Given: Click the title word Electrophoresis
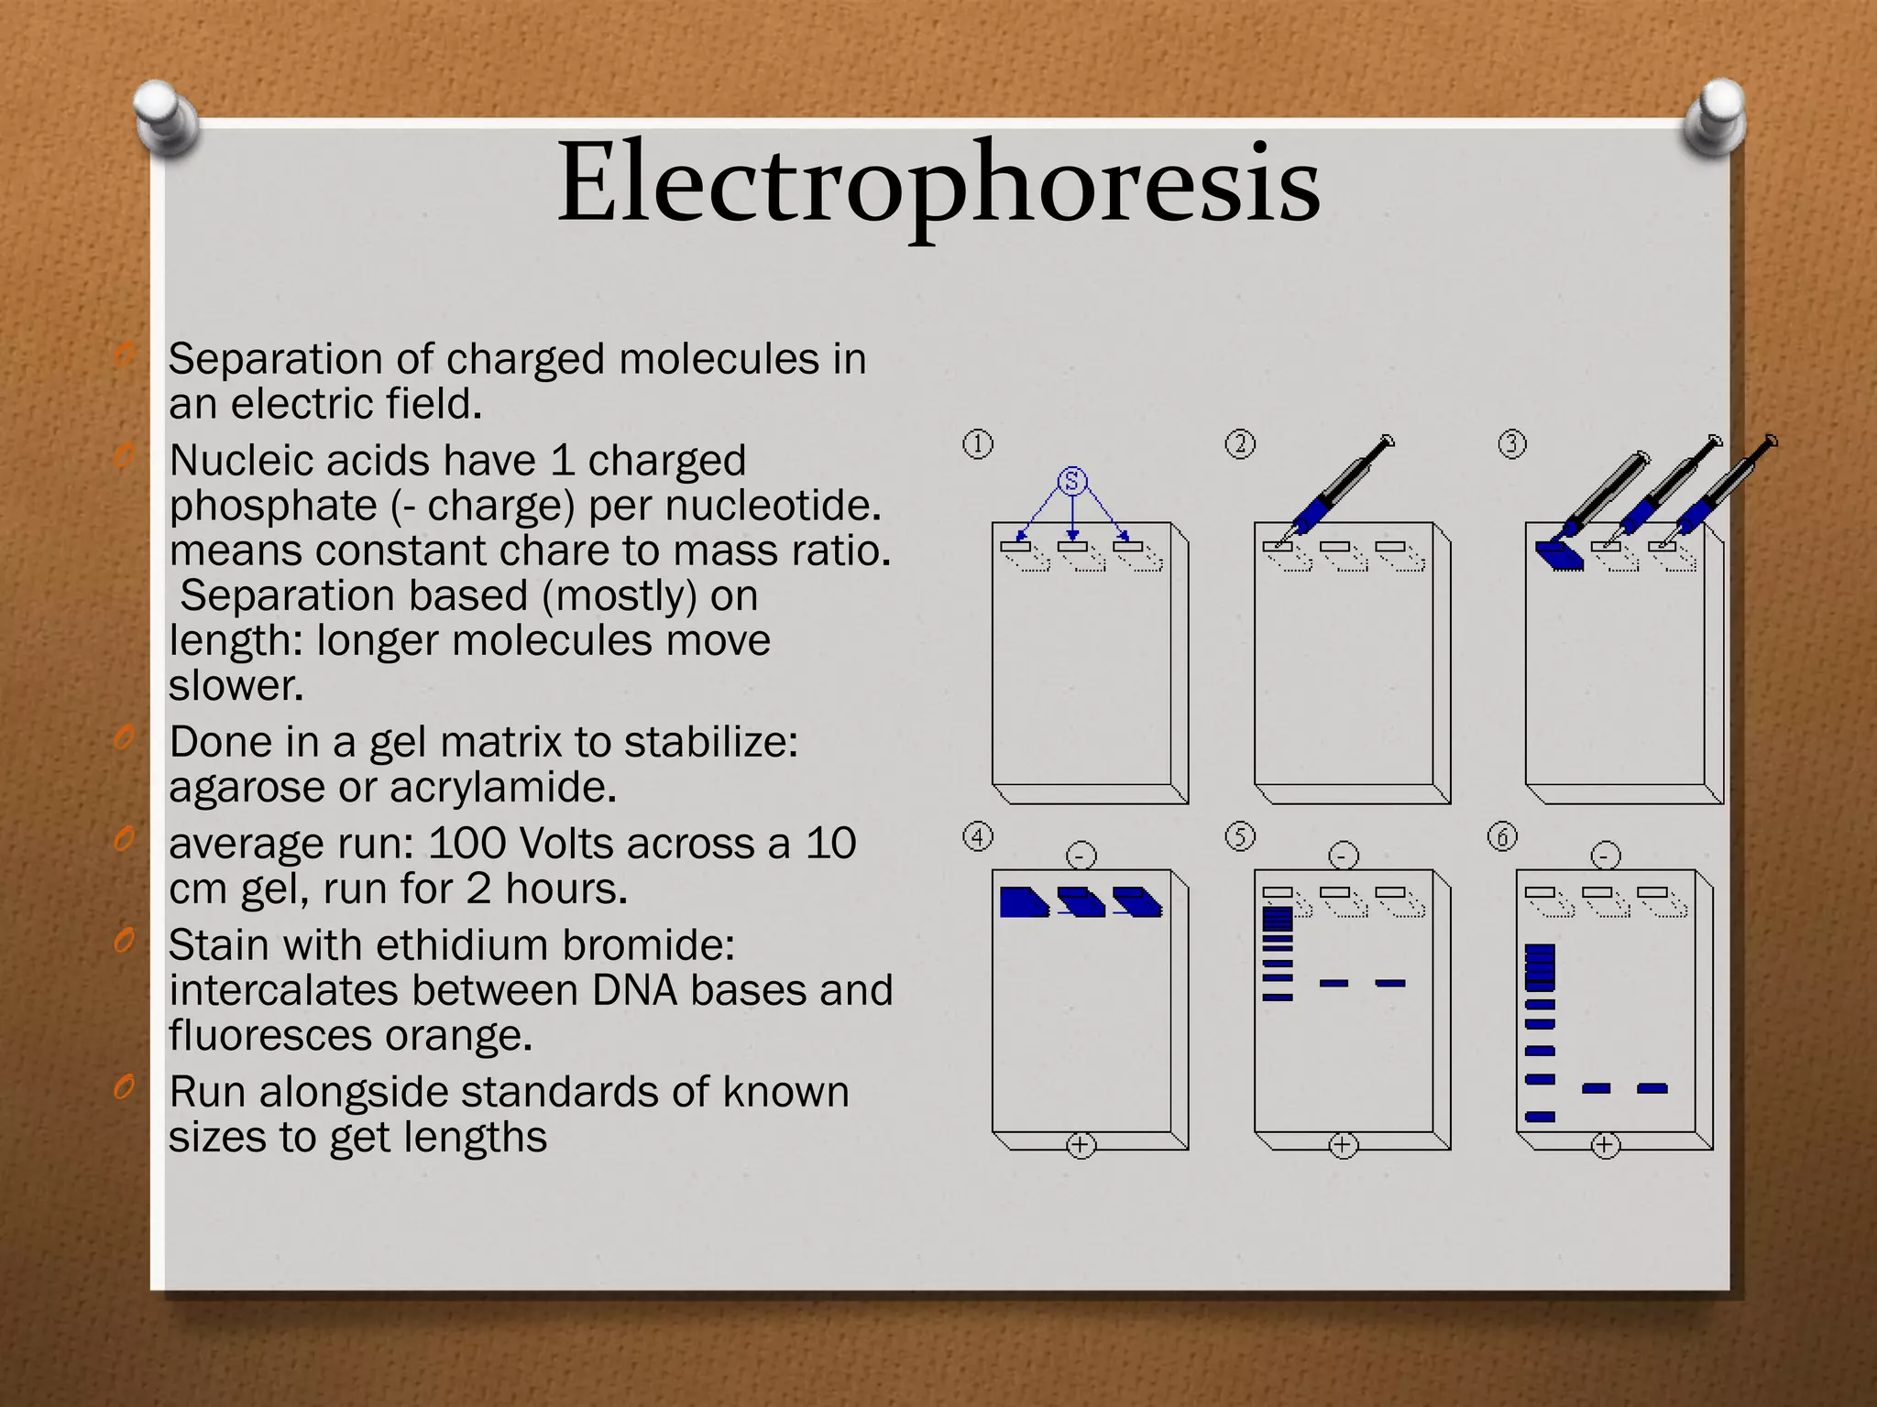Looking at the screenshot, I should tap(938, 183).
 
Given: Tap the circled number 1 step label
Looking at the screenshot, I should tap(978, 444).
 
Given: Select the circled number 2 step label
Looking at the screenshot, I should tap(1240, 444).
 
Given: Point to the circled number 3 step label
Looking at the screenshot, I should tap(1512, 444).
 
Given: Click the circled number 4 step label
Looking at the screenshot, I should tap(978, 836).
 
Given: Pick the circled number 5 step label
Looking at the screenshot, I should tap(1240, 836).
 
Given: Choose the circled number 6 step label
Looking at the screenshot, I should tap(1502, 836).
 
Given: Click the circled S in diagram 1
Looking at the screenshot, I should tap(1072, 481).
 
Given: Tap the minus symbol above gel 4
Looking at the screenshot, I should tap(1081, 856).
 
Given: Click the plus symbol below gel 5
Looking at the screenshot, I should tap(1343, 1145).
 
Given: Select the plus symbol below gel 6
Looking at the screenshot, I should tap(1605, 1145).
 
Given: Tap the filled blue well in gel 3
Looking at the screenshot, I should tap(1558, 554).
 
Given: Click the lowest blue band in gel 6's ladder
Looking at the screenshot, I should tap(1541, 1117).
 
